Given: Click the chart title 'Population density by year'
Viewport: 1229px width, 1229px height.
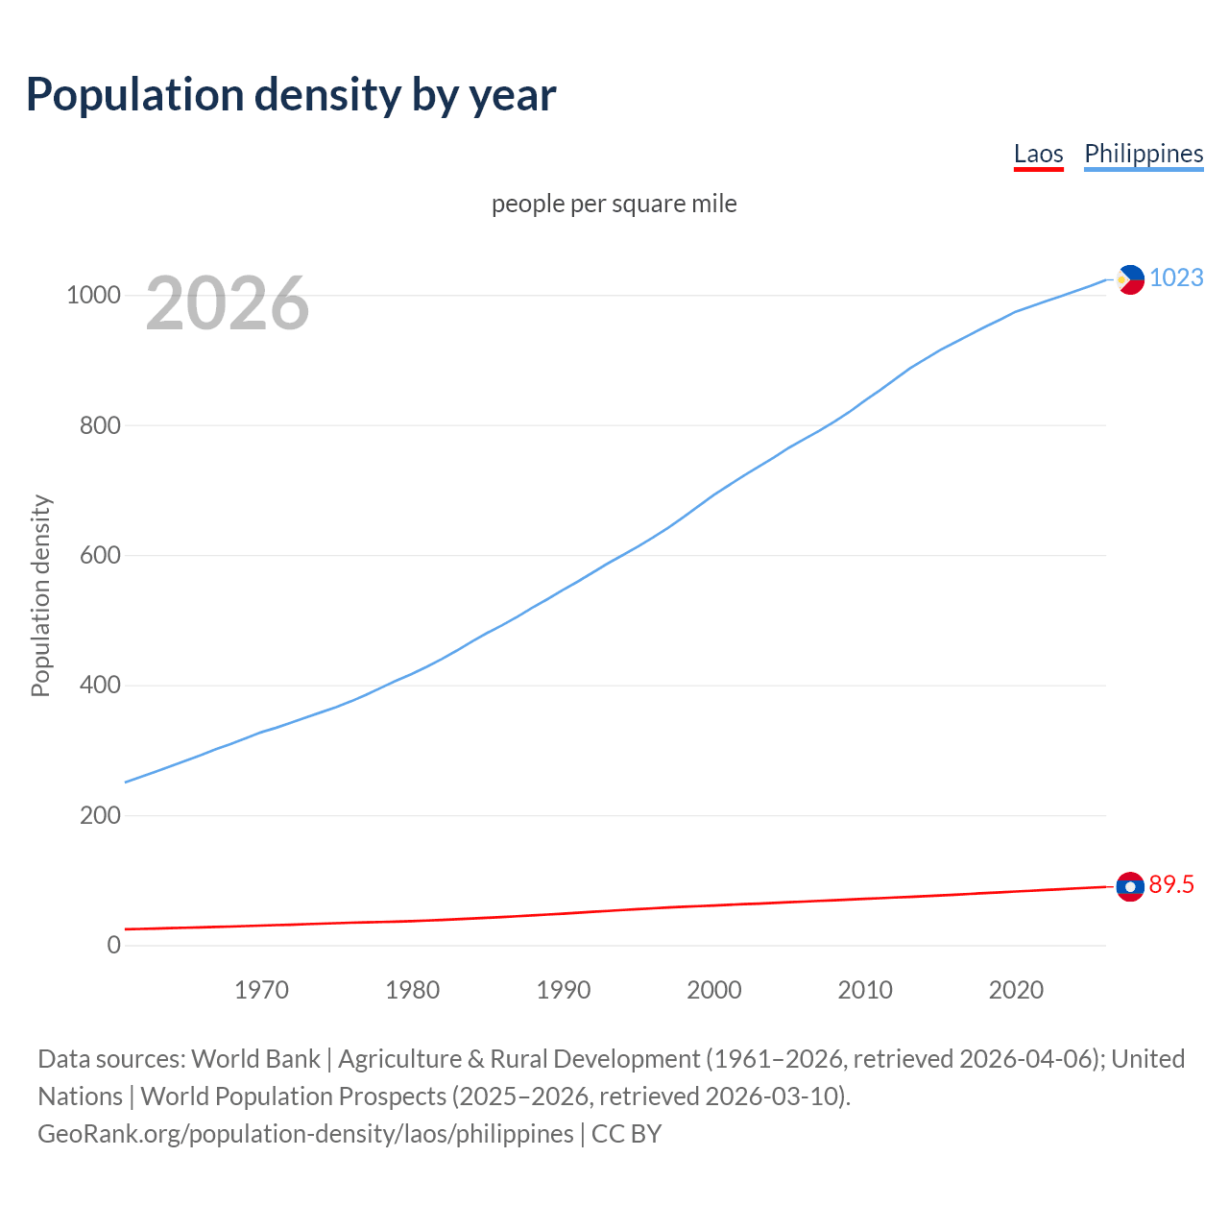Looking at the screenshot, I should click(291, 94).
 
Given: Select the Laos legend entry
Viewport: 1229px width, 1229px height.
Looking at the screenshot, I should click(1038, 154).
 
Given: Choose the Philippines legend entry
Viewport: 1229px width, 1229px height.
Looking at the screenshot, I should click(1143, 154).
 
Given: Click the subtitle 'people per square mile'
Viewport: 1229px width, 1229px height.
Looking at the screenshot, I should click(614, 204).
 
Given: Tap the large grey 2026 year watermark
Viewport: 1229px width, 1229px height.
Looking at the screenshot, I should click(228, 303).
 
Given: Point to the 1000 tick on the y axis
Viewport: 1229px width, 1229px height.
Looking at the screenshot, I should click(93, 296).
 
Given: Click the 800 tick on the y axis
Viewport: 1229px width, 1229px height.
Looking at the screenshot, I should click(100, 425).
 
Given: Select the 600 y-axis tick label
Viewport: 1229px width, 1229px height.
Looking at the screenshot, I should click(100, 555).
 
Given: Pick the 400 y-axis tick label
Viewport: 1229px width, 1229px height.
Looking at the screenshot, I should click(100, 686).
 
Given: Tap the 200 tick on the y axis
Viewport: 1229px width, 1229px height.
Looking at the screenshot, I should click(100, 815).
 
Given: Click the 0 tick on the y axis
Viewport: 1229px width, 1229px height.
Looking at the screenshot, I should click(114, 945).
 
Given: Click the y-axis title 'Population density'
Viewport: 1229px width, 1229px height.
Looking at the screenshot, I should click(40, 595).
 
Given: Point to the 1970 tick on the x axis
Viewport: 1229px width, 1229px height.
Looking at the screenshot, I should click(261, 990).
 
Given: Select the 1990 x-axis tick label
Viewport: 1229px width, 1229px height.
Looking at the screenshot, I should click(564, 990).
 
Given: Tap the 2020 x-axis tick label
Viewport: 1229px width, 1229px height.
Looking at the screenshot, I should click(1016, 990).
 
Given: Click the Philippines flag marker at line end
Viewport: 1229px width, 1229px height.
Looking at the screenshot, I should click(1130, 279).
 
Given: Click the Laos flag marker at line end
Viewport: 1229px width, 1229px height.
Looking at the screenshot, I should click(1130, 886).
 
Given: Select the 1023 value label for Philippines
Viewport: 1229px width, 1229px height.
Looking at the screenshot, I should click(1176, 277).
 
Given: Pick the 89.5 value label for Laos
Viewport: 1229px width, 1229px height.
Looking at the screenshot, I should click(1171, 884).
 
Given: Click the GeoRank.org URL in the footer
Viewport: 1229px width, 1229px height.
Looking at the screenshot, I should click(305, 1134).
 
